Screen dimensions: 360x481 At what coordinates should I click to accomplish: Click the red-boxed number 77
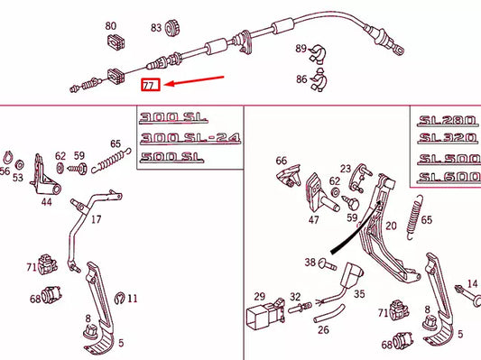coord(150,86)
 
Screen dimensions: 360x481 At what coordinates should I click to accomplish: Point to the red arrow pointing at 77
coord(193,82)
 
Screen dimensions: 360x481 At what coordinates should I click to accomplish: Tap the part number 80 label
coord(110,26)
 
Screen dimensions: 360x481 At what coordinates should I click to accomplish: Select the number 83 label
coord(156,28)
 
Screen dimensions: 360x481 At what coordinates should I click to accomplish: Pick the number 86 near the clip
coord(301,79)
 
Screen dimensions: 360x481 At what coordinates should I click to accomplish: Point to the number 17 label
coord(96,218)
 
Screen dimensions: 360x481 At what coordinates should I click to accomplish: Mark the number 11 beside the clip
coord(132,298)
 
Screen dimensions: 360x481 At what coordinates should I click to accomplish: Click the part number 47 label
coord(313,218)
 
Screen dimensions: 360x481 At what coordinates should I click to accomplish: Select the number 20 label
coord(391,226)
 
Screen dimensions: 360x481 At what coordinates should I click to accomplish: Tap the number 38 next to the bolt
coord(310,263)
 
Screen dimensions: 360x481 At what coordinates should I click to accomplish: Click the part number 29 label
coord(259,296)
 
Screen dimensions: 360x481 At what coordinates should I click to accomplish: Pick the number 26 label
coord(323,329)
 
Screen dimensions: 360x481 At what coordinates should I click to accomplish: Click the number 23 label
coord(346,169)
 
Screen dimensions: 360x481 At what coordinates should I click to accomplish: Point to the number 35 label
coord(358,293)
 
